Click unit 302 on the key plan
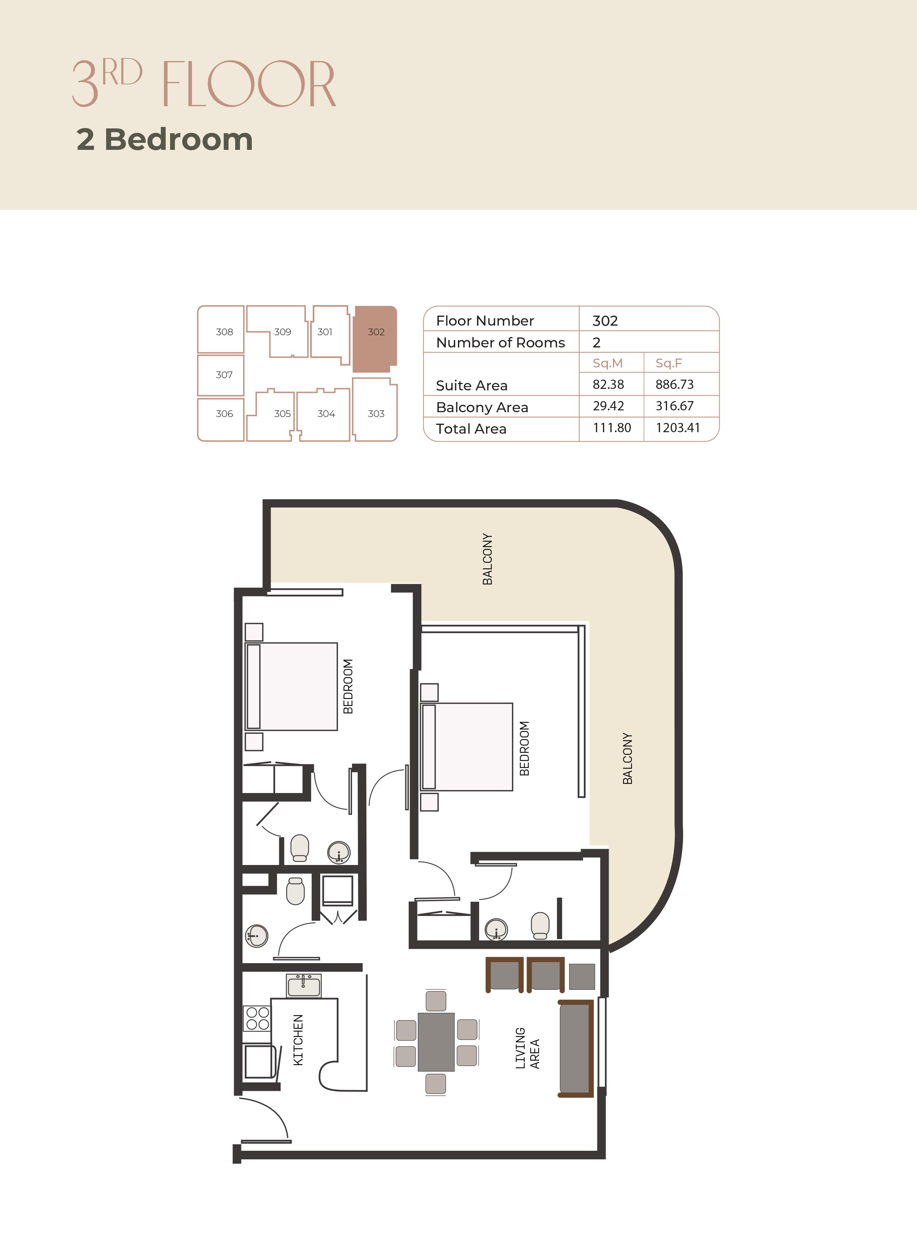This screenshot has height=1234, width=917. (375, 339)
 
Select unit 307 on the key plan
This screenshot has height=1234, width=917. (221, 375)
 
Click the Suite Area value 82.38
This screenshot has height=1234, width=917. (608, 384)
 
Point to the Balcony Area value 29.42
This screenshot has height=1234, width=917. (608, 406)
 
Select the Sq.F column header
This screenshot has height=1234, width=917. (669, 363)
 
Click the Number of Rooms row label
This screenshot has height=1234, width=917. (500, 343)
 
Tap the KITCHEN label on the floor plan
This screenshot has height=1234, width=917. (298, 1040)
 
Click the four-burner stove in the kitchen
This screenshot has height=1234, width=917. (258, 1018)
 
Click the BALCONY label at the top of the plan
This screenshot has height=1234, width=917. (487, 559)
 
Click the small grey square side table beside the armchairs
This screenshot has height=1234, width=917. (582, 976)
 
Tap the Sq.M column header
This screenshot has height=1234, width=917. (608, 363)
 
